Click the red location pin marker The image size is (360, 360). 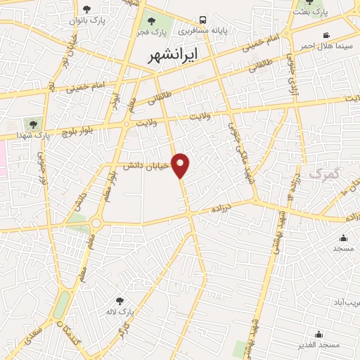(x=181, y=165)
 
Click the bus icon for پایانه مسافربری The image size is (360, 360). (x=202, y=20)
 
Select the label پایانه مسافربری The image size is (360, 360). (x=202, y=32)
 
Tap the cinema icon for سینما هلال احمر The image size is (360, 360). (x=326, y=35)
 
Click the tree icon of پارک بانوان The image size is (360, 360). (x=86, y=9)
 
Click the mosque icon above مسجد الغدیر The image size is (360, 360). (x=319, y=334)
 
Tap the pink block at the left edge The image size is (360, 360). (x=3, y=158)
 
